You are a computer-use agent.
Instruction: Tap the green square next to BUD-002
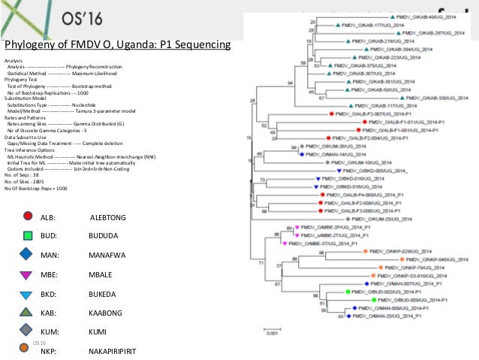348,292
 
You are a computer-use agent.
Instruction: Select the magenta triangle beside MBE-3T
298,243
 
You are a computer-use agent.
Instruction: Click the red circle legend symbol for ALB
27,216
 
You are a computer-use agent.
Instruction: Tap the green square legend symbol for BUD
27,235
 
